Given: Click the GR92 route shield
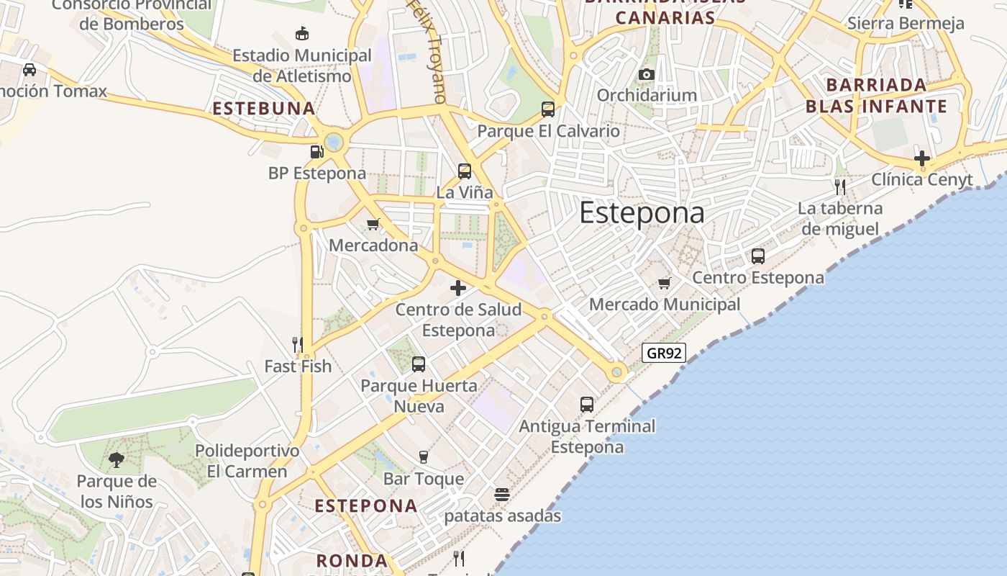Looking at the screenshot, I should click(664, 353).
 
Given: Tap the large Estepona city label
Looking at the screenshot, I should click(642, 213).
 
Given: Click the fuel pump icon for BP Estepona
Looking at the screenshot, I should click(316, 152).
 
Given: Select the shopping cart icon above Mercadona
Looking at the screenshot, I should click(373, 224).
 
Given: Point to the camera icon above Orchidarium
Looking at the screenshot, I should click(646, 74).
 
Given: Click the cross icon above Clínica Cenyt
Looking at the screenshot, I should click(922, 158).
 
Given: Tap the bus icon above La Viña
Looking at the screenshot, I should click(465, 171).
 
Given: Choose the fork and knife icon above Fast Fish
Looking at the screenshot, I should click(298, 345).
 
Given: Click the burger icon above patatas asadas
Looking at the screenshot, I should click(502, 495).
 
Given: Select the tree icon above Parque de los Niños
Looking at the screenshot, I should click(116, 459).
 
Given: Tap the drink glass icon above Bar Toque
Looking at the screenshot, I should click(423, 457).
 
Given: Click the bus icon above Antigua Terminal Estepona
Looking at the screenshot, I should click(587, 405).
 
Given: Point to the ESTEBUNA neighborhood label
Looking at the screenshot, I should click(264, 109).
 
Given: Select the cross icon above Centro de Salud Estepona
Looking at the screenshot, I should click(457, 288).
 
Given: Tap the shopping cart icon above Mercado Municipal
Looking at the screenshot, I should click(664, 283).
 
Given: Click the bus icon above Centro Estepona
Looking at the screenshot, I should click(757, 256).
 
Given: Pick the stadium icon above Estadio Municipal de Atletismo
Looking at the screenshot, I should click(302, 33).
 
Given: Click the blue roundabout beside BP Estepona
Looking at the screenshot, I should click(333, 142).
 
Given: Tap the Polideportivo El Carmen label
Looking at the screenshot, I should click(247, 462).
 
